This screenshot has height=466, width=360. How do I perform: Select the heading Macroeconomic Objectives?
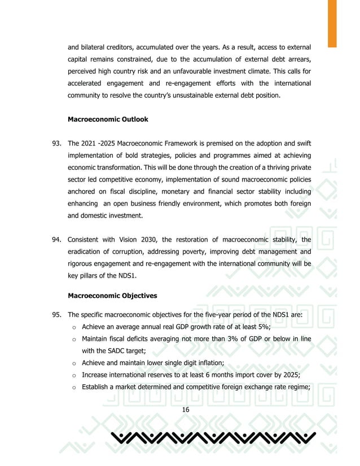[x=112, y=295]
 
